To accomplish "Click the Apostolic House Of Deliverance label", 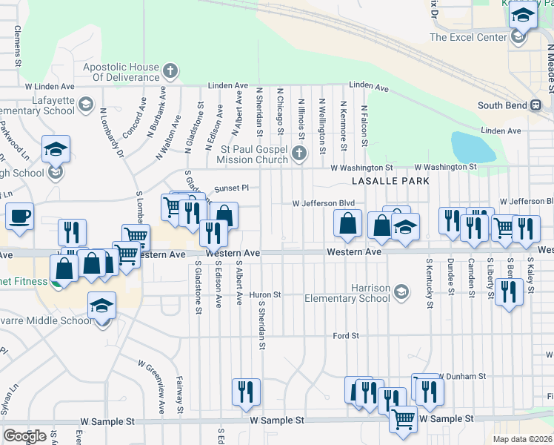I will point(120,72).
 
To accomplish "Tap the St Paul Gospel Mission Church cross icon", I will point(298,154).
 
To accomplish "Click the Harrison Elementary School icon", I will point(401,291).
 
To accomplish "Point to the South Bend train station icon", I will point(535,105).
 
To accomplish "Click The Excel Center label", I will point(466,36).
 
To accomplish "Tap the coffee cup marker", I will point(19,217).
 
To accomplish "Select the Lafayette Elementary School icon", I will point(85,104).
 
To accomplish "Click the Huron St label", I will point(267,294).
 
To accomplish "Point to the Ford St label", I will point(346,336).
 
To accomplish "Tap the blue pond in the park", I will point(472,148).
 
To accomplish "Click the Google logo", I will point(24,436).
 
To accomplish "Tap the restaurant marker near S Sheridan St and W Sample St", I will point(245,392).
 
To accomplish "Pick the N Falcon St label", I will point(364,119).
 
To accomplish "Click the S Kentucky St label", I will point(428,277).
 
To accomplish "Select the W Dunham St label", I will point(462,377).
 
